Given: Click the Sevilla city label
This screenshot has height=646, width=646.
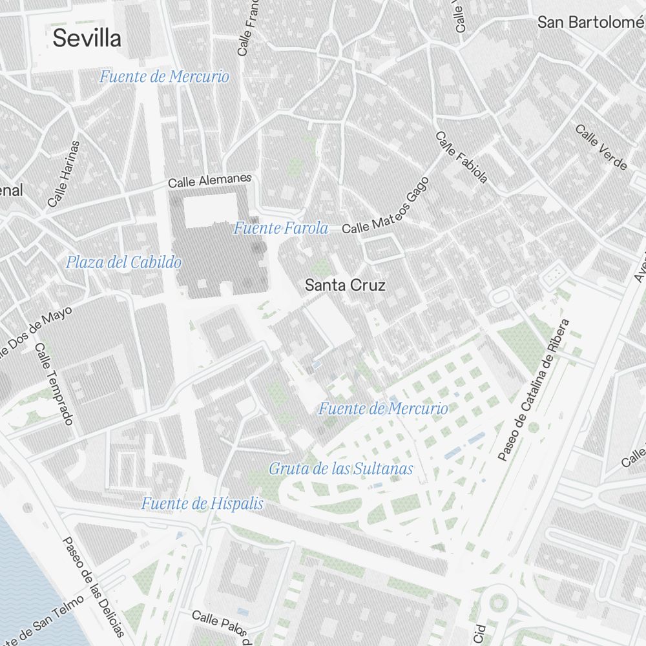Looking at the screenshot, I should [87, 38].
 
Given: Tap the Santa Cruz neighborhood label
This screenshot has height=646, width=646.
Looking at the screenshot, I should [345, 285].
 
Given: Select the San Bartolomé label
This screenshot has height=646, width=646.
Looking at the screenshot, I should [591, 22].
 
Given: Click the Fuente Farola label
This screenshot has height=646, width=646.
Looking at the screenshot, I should [281, 228].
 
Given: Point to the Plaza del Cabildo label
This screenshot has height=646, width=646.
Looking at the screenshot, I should [123, 262].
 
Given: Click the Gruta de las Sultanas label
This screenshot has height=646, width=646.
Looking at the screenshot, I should [341, 469].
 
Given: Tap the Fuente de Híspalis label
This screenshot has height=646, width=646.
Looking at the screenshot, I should [202, 504].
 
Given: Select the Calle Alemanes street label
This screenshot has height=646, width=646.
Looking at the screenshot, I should [209, 180].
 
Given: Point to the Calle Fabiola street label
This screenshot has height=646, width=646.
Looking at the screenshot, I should [461, 158].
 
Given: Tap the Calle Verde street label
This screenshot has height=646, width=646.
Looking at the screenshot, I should [601, 147].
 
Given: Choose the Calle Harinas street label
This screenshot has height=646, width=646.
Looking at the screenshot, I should [63, 174].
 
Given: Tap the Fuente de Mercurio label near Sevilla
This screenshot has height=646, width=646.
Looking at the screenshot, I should [164, 77].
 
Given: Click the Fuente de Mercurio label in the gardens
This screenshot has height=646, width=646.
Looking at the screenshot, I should [383, 408].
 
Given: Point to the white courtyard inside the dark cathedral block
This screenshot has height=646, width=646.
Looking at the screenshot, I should [211, 211].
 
